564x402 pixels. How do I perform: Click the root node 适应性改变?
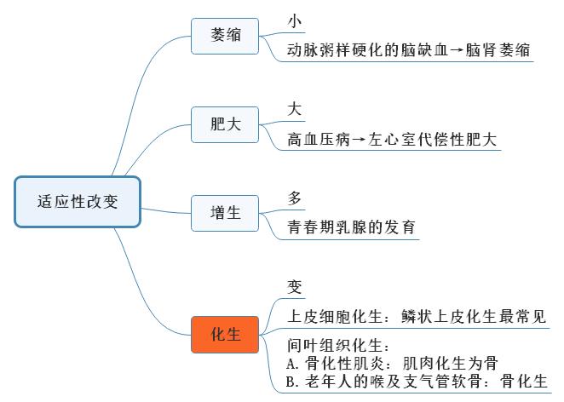pos(77,202)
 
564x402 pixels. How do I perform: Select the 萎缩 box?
pos(225,36)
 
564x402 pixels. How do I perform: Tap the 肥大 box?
pos(225,124)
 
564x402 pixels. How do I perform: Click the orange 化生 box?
pos(225,335)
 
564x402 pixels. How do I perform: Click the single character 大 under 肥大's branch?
pos(296,110)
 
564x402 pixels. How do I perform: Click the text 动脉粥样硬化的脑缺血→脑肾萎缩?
pos(409,51)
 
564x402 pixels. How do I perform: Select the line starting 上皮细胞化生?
pos(416,317)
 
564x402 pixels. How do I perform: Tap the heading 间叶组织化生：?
pos(339,347)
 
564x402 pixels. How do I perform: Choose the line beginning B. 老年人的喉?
pos(417,382)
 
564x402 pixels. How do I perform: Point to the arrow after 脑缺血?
pos(457,51)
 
